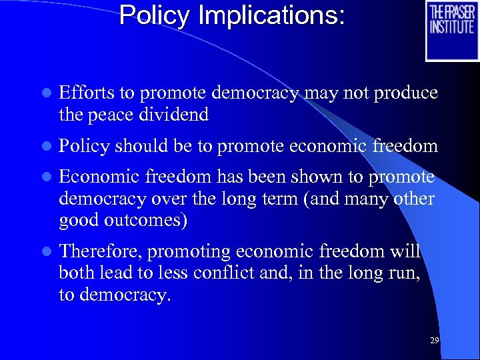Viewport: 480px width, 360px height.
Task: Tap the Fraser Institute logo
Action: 452,31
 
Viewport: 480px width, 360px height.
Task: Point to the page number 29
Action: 435,341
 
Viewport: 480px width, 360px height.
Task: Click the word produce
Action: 406,93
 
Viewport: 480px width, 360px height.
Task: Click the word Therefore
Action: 100,252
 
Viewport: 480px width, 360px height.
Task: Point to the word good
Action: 77,220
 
